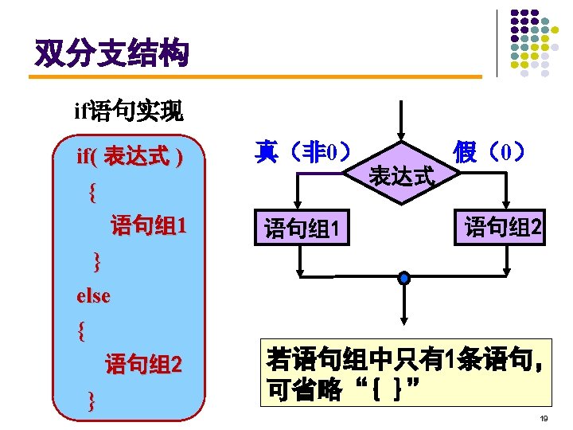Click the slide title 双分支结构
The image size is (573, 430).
click(111, 53)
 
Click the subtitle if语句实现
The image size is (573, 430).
click(128, 111)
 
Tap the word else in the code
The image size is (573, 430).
click(93, 295)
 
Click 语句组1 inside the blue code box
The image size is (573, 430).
click(148, 225)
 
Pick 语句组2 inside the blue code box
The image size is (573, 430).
click(144, 365)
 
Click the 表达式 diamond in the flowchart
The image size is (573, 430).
click(403, 175)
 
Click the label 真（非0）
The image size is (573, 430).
click(302, 151)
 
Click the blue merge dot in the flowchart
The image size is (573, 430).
click(404, 277)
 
